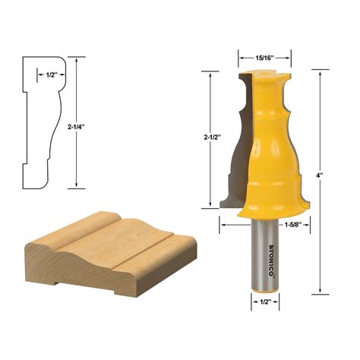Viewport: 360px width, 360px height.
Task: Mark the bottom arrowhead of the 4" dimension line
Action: point(321,290)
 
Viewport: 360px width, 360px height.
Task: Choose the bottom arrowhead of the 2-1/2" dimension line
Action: point(210,205)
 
